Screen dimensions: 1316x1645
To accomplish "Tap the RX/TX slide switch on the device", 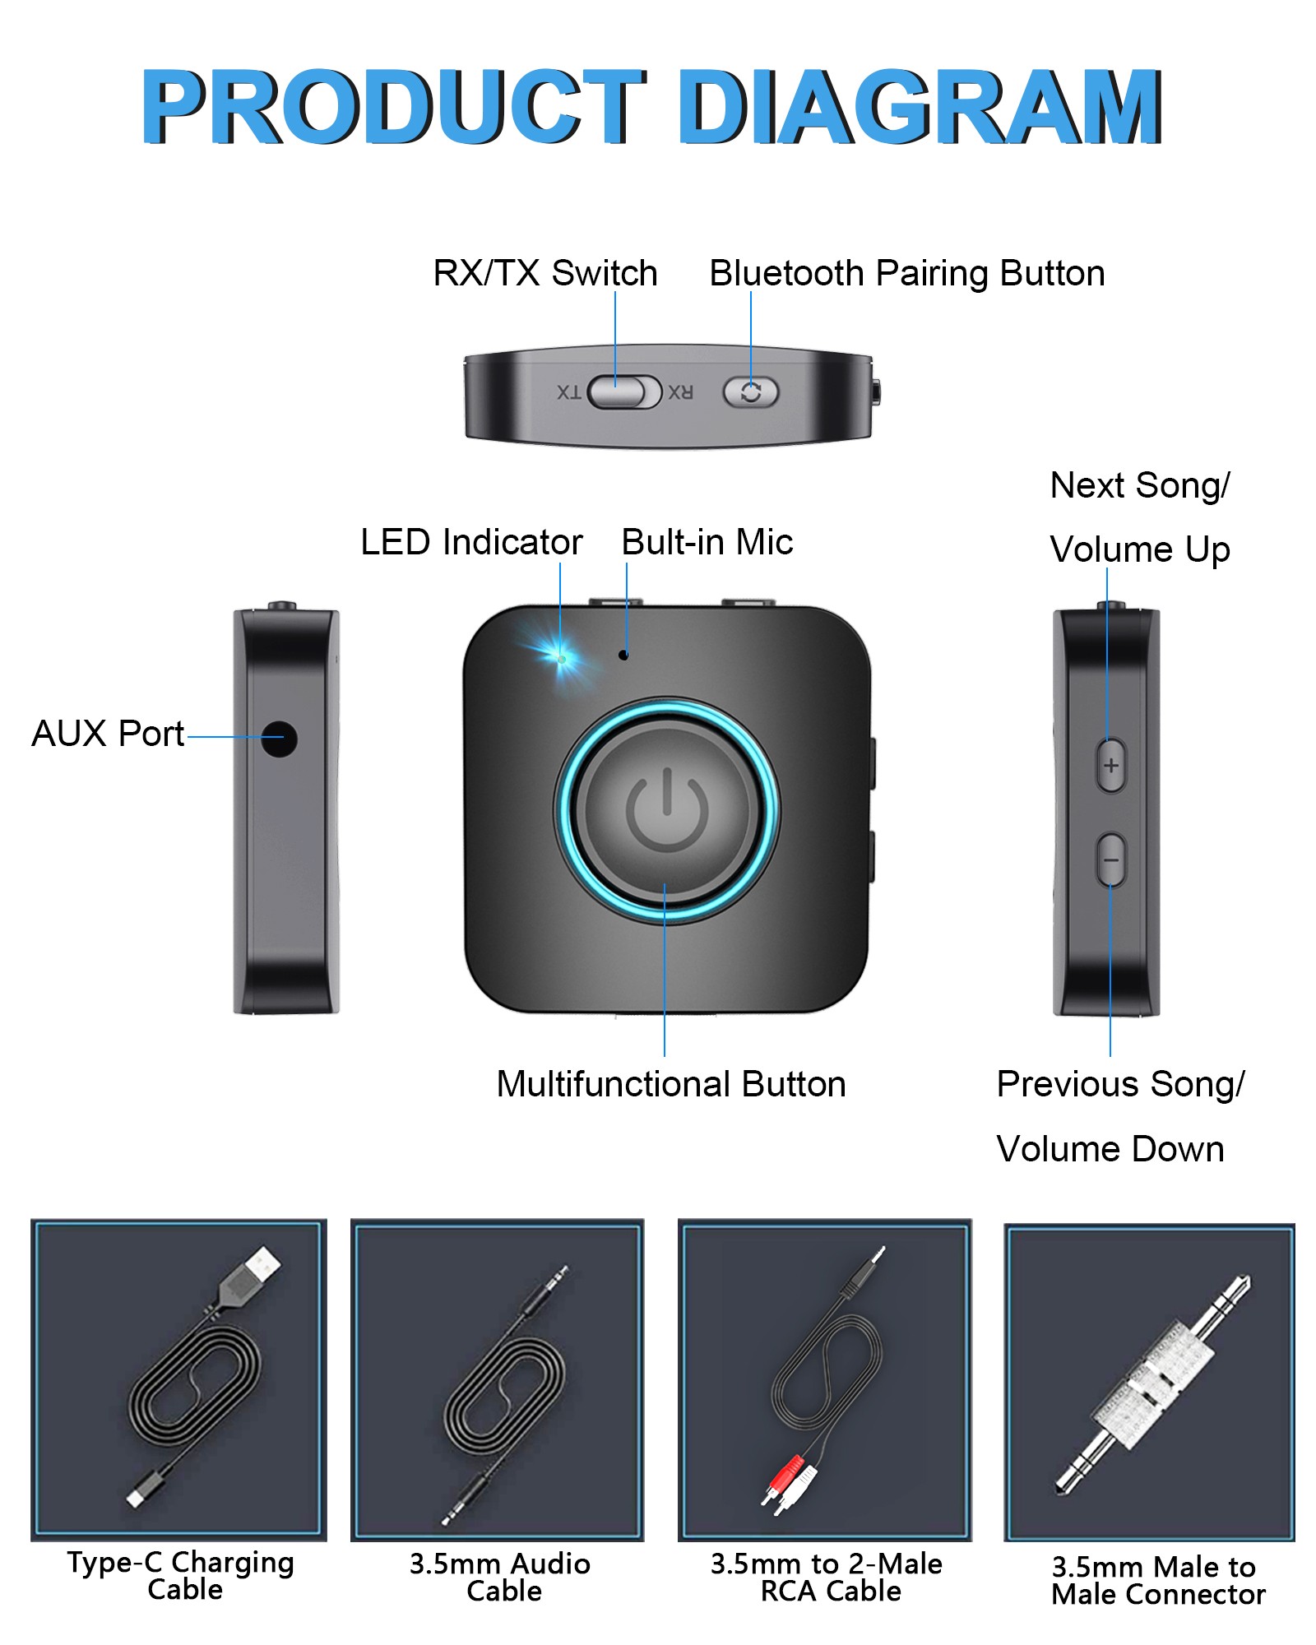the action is pyautogui.click(x=626, y=392).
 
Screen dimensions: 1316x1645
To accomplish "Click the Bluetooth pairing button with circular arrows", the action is pyautogui.click(x=750, y=392).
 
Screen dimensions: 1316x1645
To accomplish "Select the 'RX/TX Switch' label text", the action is pyautogui.click(x=545, y=273).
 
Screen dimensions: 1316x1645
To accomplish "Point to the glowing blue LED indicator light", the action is pyautogui.click(x=561, y=658).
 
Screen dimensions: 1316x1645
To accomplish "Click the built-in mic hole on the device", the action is pyautogui.click(x=623, y=655).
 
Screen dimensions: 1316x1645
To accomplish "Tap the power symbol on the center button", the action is pyautogui.click(x=667, y=810).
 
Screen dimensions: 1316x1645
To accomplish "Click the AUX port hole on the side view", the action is pyautogui.click(x=280, y=739).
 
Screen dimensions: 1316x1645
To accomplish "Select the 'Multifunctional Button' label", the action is pyautogui.click(x=671, y=1084).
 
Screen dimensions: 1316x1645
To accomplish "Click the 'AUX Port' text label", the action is pyautogui.click(x=108, y=734).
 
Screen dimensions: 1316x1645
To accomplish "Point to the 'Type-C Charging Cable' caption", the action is pyautogui.click(x=181, y=1576).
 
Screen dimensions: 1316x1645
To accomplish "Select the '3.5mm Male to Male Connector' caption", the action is pyautogui.click(x=1157, y=1581).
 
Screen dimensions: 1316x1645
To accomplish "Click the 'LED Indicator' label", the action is pyautogui.click(x=471, y=542).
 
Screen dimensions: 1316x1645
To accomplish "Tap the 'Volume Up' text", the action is pyautogui.click(x=1140, y=549).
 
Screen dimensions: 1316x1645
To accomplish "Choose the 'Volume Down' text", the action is pyautogui.click(x=1110, y=1149).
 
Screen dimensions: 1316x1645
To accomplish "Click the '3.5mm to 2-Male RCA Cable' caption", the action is pyautogui.click(x=827, y=1578).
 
